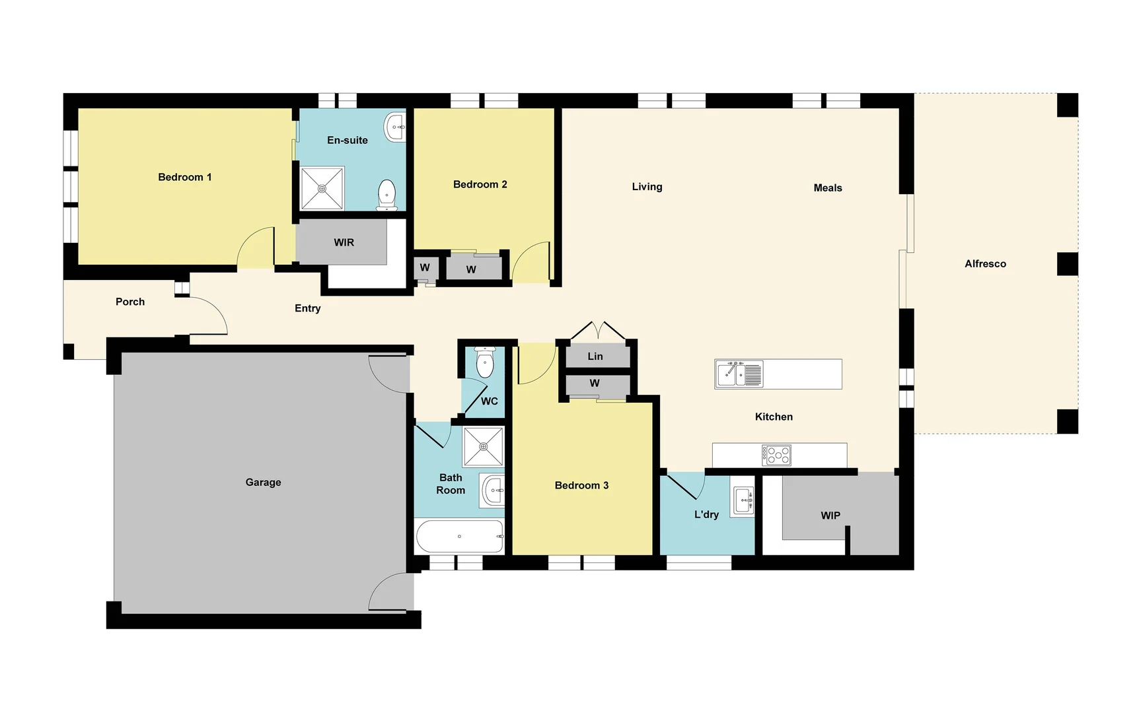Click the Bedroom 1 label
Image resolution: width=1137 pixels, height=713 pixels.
click(185, 177)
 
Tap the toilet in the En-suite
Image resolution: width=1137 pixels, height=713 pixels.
click(386, 194)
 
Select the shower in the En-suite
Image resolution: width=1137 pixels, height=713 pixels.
click(322, 189)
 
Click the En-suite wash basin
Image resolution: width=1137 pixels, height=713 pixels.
click(396, 126)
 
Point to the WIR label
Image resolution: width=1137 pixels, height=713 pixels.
click(344, 242)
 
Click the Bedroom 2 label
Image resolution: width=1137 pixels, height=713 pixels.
click(480, 184)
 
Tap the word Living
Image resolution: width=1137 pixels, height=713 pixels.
click(647, 187)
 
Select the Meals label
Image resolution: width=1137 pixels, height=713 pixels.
click(828, 188)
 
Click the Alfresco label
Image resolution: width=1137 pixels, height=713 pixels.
click(985, 263)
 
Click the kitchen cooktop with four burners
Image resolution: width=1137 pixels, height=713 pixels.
click(776, 455)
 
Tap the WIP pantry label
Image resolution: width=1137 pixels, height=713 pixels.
click(830, 516)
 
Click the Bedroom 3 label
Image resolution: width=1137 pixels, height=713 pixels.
click(581, 485)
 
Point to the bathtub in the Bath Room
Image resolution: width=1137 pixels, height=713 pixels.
click(460, 536)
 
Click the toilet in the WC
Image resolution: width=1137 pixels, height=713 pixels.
click(485, 363)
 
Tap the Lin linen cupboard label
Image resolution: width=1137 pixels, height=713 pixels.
click(595, 356)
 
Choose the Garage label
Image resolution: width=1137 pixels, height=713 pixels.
click(263, 483)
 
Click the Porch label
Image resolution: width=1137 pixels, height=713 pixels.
click(130, 302)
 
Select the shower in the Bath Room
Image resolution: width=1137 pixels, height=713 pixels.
click(484, 447)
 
